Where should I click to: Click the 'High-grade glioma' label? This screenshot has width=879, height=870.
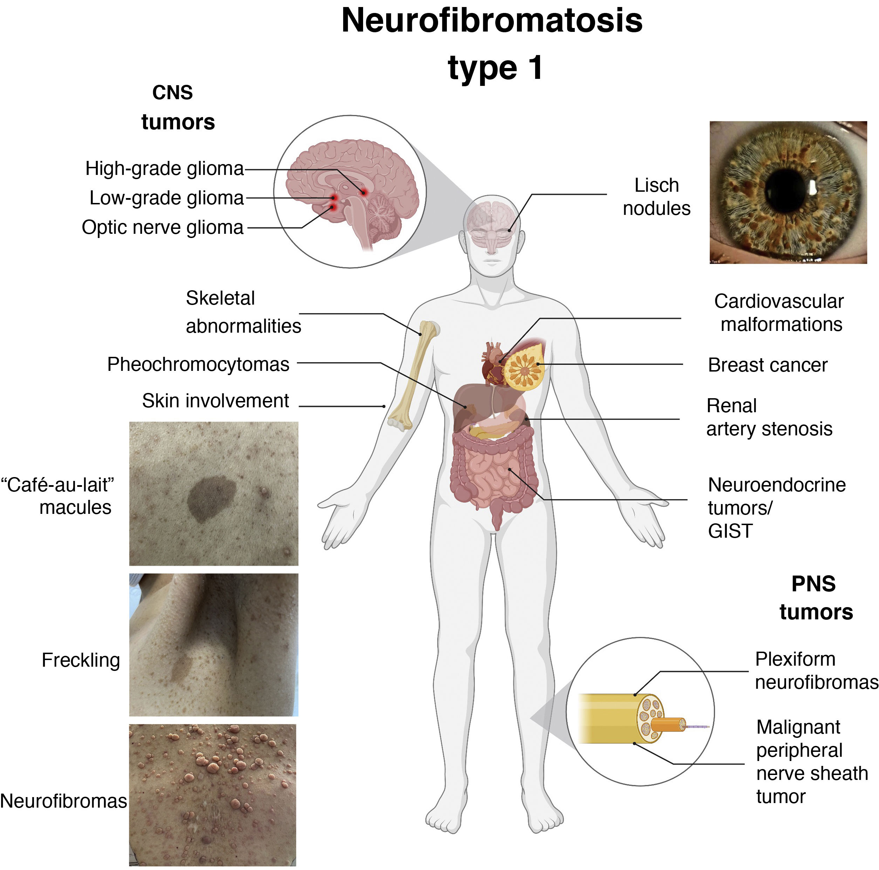165,169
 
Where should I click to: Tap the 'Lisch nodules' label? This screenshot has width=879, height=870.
656,197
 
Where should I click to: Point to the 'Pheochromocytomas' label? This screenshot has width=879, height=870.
198,365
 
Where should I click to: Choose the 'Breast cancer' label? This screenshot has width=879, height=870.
768,365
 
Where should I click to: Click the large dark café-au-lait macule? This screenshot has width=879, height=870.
211,497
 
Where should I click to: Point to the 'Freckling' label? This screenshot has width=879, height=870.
81,660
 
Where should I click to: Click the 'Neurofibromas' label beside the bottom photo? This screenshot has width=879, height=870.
63,801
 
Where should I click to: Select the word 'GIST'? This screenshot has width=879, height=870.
730,531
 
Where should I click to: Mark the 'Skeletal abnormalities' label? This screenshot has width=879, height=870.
243,312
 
